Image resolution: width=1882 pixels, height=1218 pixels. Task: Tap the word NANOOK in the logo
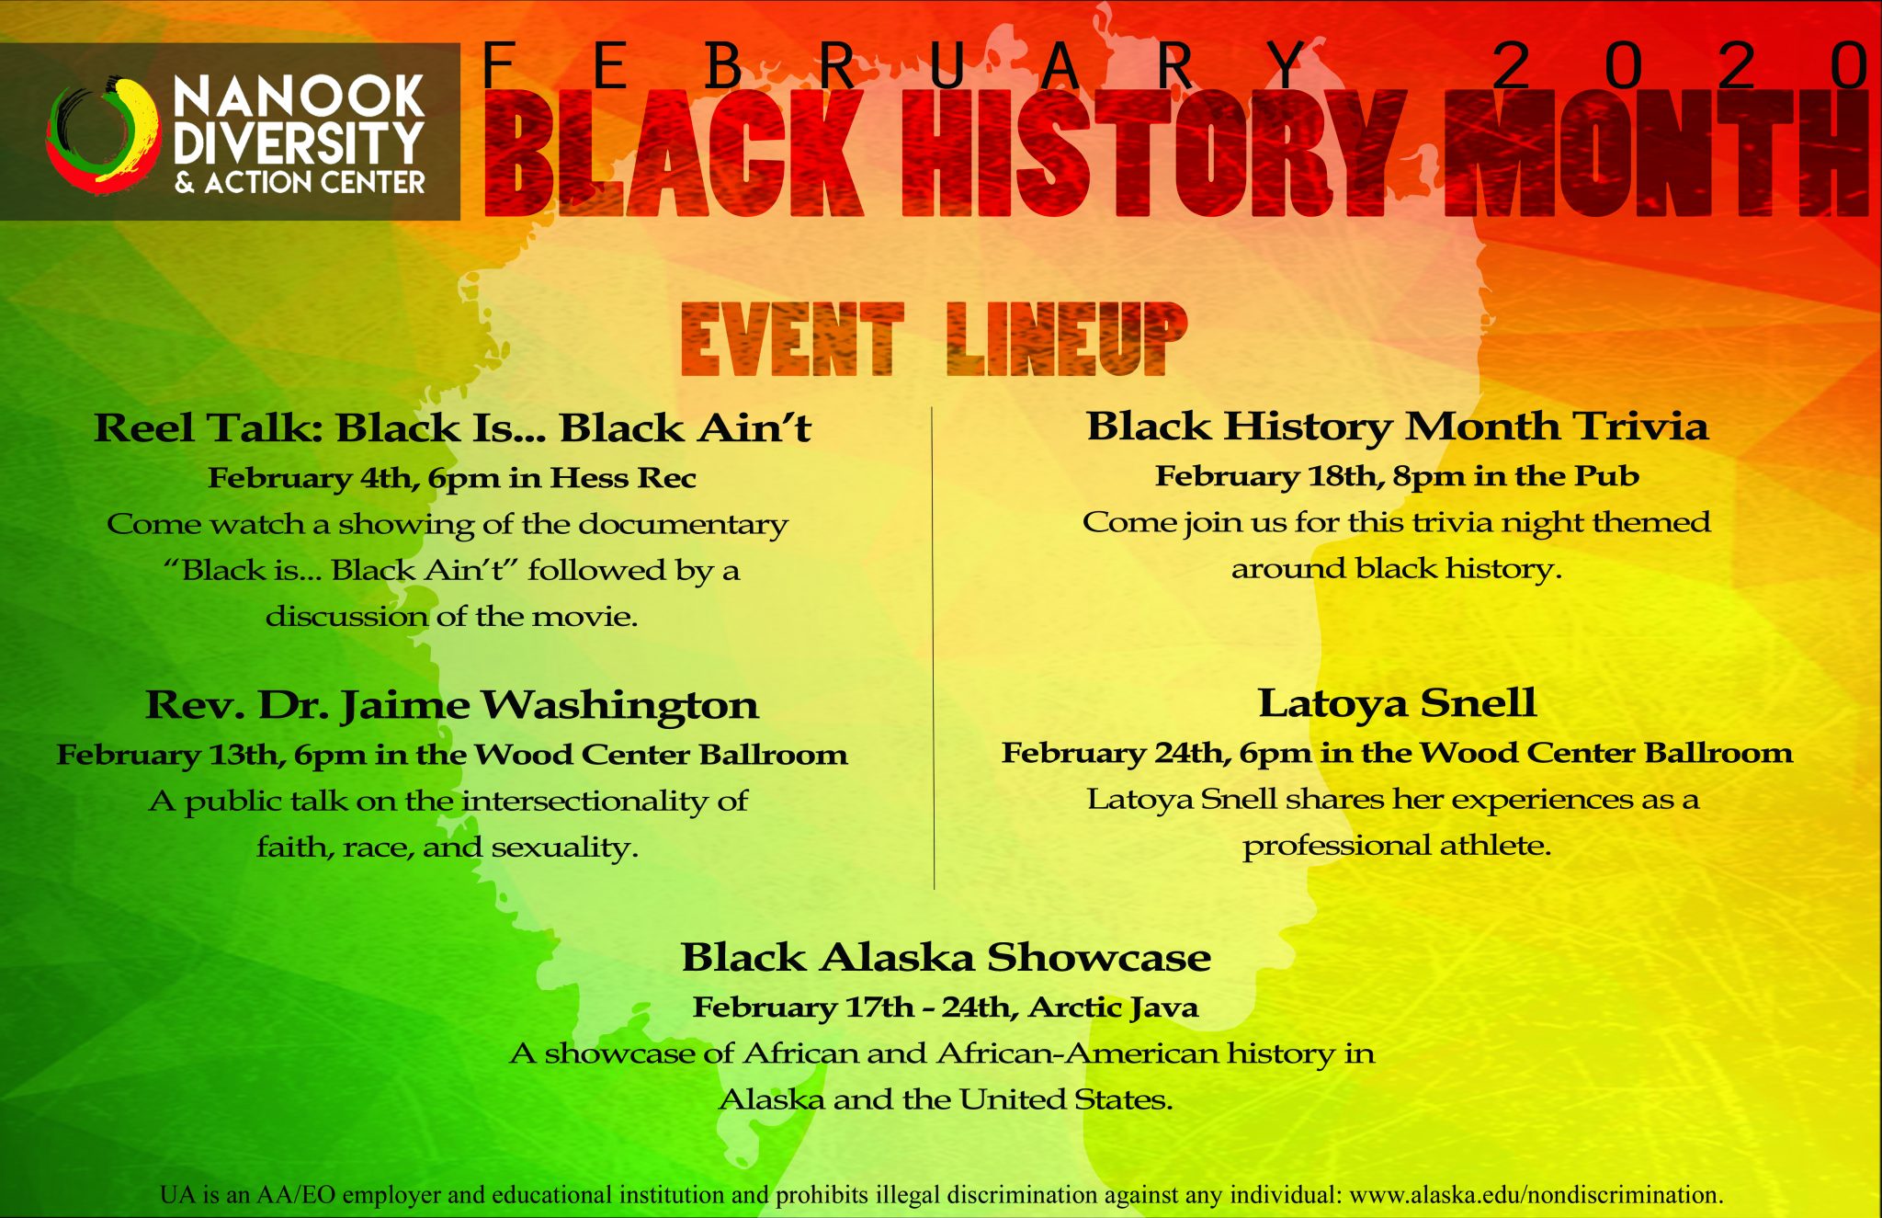click(300, 97)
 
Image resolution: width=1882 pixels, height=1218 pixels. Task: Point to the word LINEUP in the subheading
click(1066, 339)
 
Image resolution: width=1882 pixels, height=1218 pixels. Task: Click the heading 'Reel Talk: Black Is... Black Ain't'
click(452, 428)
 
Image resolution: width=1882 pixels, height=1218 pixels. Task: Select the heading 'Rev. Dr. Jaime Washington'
click(452, 706)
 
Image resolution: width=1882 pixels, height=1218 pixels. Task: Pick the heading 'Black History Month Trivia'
click(1397, 426)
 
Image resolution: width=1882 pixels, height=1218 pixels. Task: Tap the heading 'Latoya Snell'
click(1397, 703)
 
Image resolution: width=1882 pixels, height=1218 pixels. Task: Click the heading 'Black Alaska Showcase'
click(946, 958)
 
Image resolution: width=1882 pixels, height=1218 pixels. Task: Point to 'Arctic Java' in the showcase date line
click(1113, 1008)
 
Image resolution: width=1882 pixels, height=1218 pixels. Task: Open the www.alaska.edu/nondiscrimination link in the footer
click(1536, 1195)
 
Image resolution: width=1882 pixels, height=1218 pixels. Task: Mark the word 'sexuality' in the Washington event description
click(564, 847)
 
